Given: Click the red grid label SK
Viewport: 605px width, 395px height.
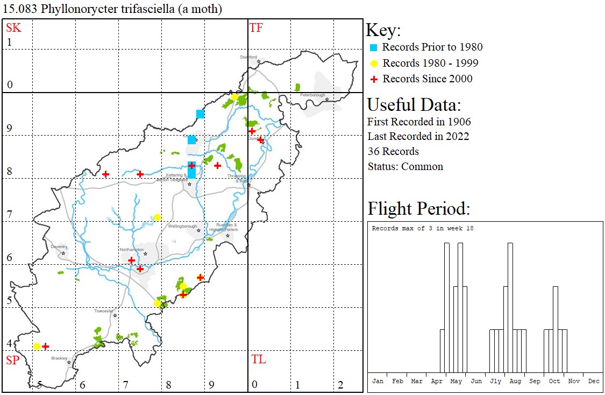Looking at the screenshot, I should tap(13, 28).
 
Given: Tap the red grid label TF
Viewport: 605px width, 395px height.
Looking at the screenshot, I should tap(256, 28).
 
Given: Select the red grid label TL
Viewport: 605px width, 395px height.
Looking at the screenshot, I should tap(258, 359).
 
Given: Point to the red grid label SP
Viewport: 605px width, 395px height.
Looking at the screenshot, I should tap(13, 360).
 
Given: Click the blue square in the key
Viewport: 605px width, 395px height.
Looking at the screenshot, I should tap(374, 47).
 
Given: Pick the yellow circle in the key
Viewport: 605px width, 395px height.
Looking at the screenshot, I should tap(374, 64).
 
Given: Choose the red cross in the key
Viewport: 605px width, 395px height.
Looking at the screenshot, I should tap(374, 79).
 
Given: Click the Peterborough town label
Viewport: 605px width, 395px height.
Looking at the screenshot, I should tap(312, 95).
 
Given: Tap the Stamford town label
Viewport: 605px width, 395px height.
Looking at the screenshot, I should tap(248, 57).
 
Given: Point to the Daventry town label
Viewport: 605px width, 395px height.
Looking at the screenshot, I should tap(59, 246).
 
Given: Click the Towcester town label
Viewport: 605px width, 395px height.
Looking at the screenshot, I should tap(104, 311).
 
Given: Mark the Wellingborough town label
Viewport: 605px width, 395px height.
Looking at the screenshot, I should tap(183, 227).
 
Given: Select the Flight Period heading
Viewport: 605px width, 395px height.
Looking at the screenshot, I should tap(419, 208).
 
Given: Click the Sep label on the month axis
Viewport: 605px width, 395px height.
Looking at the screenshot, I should tap(535, 381).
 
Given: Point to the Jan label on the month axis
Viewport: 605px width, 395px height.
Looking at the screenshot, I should tap(378, 381).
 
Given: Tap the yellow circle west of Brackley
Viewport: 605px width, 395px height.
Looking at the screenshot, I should tap(37, 346).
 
